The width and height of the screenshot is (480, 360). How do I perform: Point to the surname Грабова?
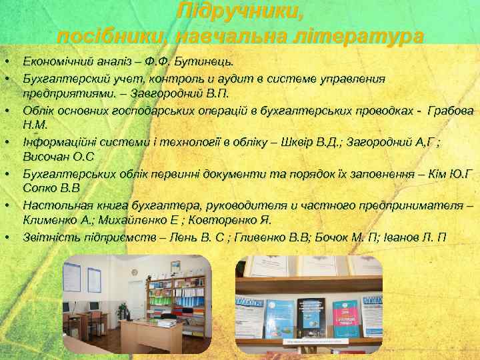coord(450,109)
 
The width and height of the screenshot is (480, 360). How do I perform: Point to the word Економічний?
coord(56,62)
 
